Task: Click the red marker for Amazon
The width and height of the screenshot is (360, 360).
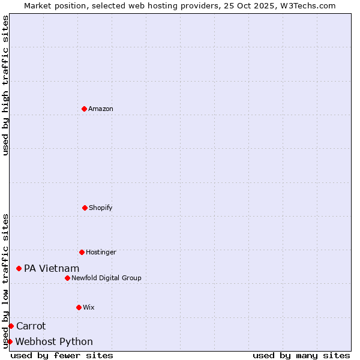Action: click(x=84, y=109)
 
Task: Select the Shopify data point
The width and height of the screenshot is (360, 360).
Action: click(x=85, y=208)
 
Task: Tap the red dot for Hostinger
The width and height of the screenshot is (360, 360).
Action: click(x=82, y=252)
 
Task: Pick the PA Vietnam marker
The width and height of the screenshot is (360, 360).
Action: click(x=19, y=268)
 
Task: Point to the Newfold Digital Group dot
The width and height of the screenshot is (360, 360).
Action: click(x=67, y=278)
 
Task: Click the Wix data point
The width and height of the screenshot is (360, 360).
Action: click(x=79, y=307)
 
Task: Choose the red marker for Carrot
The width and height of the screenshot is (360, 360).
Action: click(x=11, y=326)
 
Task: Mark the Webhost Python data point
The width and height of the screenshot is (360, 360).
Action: click(x=10, y=341)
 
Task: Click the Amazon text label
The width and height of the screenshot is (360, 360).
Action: click(x=101, y=109)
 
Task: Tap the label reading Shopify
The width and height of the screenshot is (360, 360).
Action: click(x=101, y=208)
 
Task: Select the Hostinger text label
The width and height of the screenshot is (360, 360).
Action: click(x=101, y=252)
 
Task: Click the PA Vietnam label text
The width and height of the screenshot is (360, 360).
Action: click(x=52, y=268)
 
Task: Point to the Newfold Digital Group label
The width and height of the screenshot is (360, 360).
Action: click(x=106, y=278)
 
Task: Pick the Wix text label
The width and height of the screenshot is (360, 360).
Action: click(x=89, y=307)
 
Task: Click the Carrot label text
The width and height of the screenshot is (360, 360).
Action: click(x=31, y=326)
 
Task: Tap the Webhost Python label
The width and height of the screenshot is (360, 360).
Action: click(x=54, y=341)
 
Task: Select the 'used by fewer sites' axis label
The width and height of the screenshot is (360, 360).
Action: click(x=62, y=355)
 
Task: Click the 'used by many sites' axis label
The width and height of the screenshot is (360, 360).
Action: click(x=301, y=355)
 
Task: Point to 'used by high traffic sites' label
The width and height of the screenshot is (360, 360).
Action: click(x=5, y=86)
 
